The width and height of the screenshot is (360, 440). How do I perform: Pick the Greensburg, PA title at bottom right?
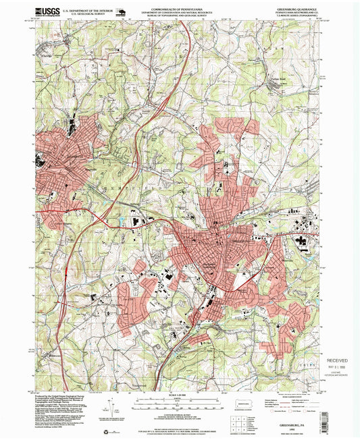(302, 420)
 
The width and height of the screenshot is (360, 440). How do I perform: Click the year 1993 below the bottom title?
(302, 425)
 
